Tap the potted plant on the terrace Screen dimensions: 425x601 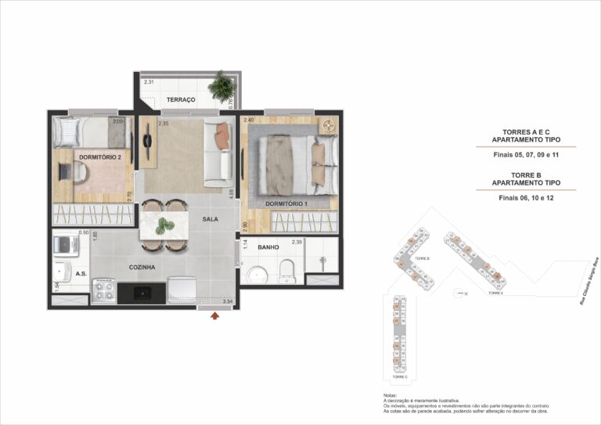pyautogui.click(x=222, y=85)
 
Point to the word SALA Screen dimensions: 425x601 pyautogui.click(x=210, y=219)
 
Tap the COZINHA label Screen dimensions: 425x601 pyautogui.click(x=142, y=267)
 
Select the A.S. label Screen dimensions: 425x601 pyautogui.click(x=81, y=274)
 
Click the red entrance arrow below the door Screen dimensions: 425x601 pyautogui.click(x=214, y=316)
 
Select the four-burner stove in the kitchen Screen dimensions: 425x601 pyautogui.click(x=104, y=292)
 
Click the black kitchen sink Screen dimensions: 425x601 pyautogui.click(x=142, y=294)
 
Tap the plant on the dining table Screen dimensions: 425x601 pyautogui.click(x=164, y=227)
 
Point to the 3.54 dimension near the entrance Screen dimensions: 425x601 pyautogui.click(x=228, y=301)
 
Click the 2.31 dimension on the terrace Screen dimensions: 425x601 pyautogui.click(x=149, y=82)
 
